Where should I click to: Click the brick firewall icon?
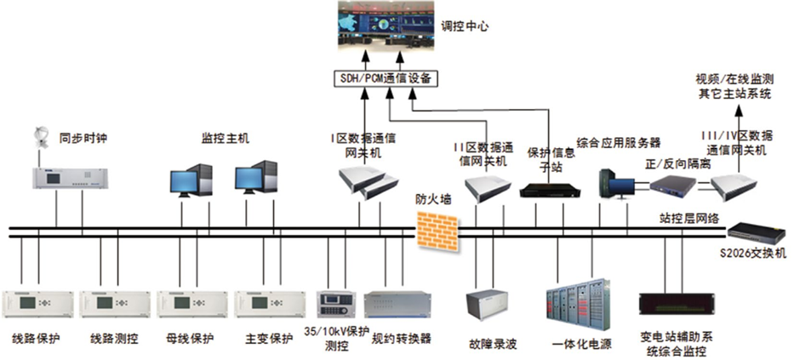(x=437, y=229)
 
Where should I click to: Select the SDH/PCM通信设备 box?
(x=383, y=78)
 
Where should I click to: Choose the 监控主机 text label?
(x=225, y=137)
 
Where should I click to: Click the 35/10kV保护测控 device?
(x=335, y=305)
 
